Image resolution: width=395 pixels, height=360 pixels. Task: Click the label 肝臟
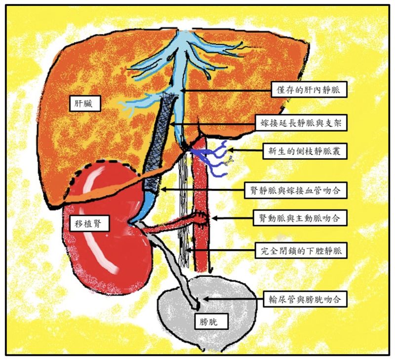click(x=85, y=104)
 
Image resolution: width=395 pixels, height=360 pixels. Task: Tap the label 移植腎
click(x=88, y=223)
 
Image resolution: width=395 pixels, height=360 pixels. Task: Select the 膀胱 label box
click(x=212, y=321)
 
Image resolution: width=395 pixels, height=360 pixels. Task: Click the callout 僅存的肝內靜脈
click(x=309, y=89)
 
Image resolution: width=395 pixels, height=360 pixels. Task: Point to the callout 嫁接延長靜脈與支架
click(x=301, y=123)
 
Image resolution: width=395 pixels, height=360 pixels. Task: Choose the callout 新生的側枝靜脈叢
click(x=305, y=151)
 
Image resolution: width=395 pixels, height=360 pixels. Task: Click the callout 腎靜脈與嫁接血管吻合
click(x=296, y=190)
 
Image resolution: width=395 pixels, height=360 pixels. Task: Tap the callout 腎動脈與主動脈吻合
click(x=300, y=217)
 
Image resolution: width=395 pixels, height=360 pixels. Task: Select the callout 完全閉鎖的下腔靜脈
click(x=301, y=251)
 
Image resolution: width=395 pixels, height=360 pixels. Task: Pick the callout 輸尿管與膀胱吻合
click(x=305, y=299)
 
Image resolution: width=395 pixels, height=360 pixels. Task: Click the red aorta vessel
click(x=201, y=204)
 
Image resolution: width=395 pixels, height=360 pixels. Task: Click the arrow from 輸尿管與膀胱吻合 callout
click(x=233, y=299)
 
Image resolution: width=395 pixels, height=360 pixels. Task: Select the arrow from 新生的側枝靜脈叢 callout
click(x=245, y=150)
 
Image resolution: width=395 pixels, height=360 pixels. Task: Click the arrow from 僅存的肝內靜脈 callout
click(x=226, y=90)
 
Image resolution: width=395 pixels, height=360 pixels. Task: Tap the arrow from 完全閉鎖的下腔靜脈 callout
click(x=220, y=251)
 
